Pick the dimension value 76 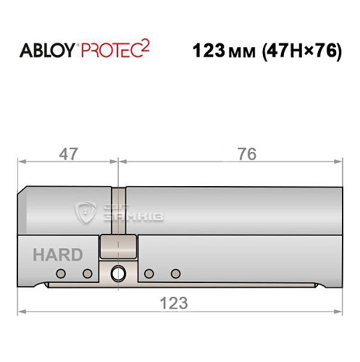click(246, 153)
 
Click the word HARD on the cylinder click(57, 255)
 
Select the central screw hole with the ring click(118, 273)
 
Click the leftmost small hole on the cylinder click(61, 273)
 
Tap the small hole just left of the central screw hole click(87, 273)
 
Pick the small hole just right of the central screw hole click(149, 273)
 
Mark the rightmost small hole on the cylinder click(175, 273)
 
